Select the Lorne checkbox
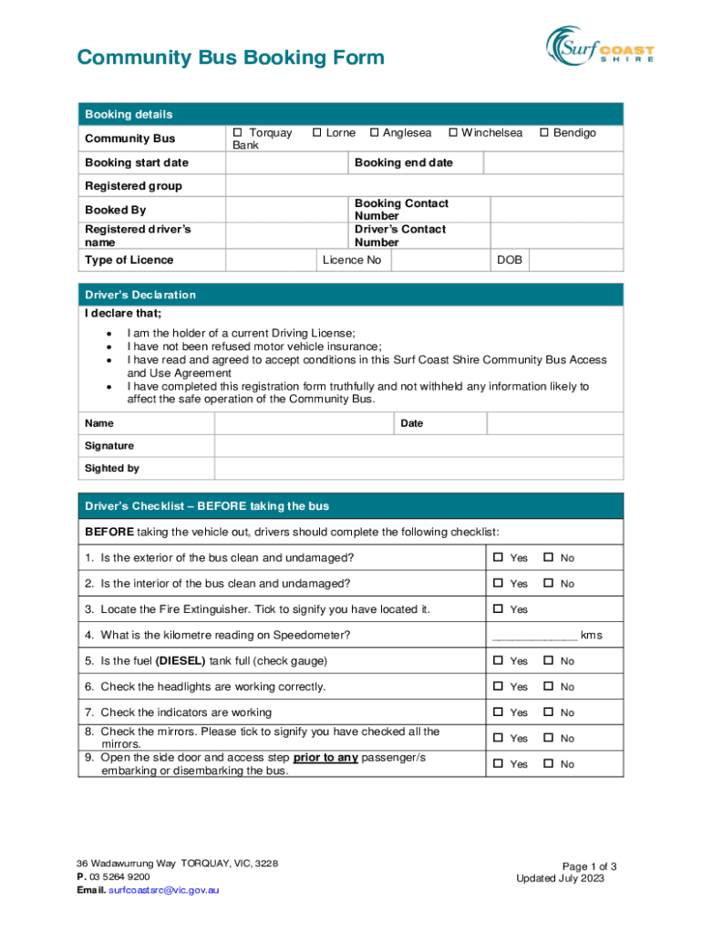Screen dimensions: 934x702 (x=316, y=133)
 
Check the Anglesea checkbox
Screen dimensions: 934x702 (x=374, y=133)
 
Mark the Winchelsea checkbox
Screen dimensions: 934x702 (x=452, y=133)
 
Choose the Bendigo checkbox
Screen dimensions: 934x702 (x=544, y=133)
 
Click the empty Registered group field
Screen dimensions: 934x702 (x=424, y=186)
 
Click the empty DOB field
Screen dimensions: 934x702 (x=576, y=261)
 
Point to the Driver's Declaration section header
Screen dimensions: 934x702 (x=140, y=296)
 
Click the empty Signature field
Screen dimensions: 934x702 (x=418, y=446)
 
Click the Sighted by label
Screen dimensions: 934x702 (x=112, y=469)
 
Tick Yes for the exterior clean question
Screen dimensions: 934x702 (x=499, y=557)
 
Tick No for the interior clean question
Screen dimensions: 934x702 (x=549, y=583)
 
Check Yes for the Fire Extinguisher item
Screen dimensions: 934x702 (x=499, y=608)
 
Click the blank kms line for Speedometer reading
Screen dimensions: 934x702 (x=534, y=636)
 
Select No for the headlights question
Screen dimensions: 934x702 (x=549, y=687)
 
